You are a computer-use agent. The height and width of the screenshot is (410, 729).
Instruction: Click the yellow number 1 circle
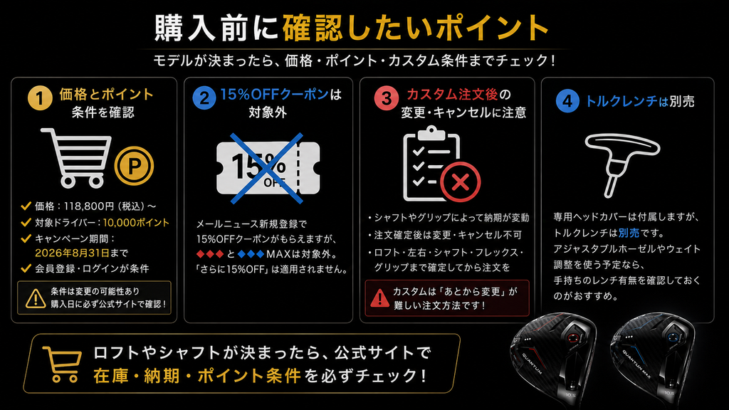(40, 98)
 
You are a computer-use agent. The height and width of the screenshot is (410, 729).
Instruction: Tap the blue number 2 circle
(204, 98)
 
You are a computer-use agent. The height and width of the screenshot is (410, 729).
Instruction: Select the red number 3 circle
(386, 98)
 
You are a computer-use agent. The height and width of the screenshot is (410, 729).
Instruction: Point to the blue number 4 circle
(567, 101)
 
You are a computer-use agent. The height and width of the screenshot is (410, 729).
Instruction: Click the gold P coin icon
(134, 166)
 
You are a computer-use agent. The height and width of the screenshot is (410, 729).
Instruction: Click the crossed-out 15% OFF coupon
(268, 168)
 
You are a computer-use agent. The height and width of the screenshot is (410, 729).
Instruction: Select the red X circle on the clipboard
(460, 182)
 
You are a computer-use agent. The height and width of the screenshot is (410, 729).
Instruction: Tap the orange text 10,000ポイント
(136, 223)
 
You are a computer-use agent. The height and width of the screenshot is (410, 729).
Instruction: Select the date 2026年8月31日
(72, 253)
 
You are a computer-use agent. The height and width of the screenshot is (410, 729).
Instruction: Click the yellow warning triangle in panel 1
(36, 298)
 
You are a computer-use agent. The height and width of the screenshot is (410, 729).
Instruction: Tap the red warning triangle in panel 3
(379, 298)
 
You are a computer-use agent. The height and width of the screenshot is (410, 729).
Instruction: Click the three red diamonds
(210, 254)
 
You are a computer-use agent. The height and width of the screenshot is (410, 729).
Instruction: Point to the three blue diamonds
(251, 254)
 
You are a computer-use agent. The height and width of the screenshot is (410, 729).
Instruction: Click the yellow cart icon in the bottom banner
(62, 364)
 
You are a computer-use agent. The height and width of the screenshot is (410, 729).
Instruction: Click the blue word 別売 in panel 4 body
(629, 233)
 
